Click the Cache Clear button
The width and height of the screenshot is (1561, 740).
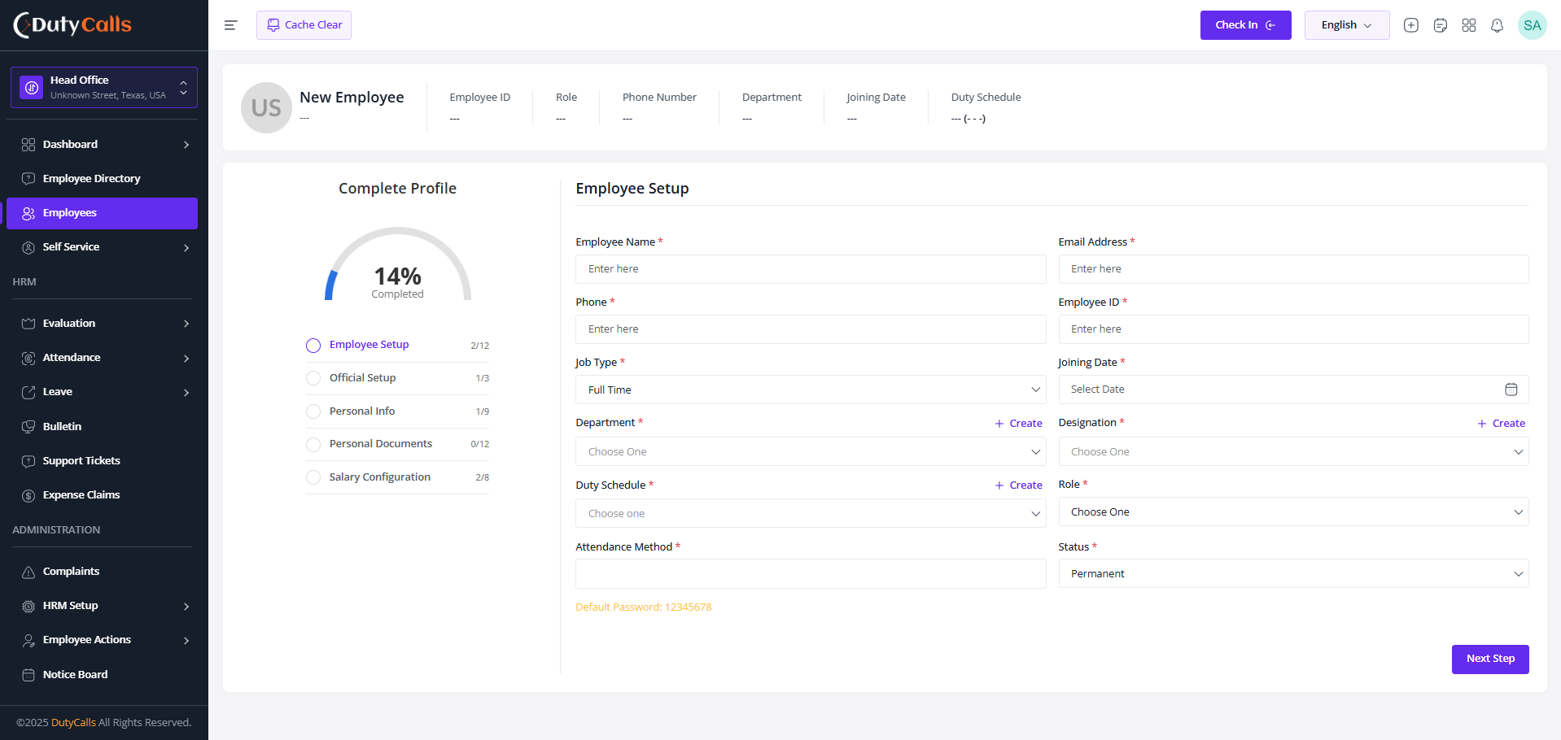304,25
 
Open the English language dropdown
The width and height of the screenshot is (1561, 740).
1346,25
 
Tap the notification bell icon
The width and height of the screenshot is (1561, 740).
1497,25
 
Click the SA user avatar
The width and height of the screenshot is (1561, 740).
1533,25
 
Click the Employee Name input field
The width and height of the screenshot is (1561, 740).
811,269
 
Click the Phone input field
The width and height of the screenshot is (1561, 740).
811,329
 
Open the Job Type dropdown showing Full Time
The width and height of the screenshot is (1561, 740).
811,390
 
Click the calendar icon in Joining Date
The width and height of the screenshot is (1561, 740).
1511,390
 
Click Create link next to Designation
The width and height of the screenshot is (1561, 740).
1502,424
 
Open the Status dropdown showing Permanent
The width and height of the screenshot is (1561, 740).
1293,573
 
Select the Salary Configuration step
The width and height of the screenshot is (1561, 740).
380,477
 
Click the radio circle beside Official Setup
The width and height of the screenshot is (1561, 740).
313,378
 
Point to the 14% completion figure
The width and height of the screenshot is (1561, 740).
397,276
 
